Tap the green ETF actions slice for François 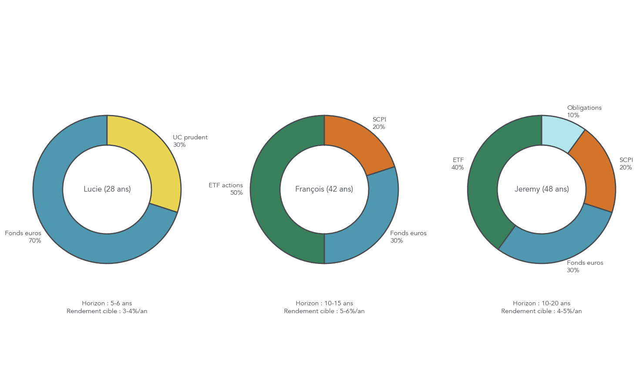coord(266,189)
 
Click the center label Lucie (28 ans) coord(107,189)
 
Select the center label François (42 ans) coord(324,189)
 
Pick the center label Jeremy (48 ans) coord(542,189)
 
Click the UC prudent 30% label coord(190,141)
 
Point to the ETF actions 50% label coord(226,189)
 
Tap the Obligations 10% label coord(584,111)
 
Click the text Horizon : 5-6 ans coord(107,303)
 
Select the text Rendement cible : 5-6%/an coord(324,311)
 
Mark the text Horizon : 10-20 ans coord(542,303)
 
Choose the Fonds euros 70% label coord(24,237)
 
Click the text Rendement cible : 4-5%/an coord(542,311)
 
